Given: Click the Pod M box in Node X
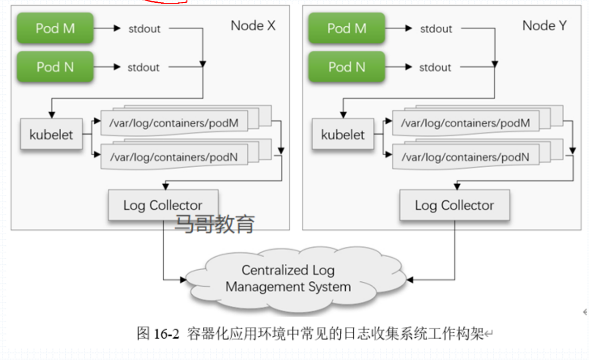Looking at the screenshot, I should coord(55,28).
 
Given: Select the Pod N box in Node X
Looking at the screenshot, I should coord(55,67).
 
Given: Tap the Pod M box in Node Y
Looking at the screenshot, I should coord(346,28).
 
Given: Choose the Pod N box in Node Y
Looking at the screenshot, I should coord(346,67).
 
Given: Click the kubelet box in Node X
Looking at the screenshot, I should coord(51,134).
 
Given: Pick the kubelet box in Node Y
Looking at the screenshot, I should coord(342,134).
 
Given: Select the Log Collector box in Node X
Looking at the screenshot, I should coord(163,205).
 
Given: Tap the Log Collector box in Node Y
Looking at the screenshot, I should coord(454,205).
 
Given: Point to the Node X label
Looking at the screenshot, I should coord(253,26).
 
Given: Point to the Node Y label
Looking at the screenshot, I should coord(544,26).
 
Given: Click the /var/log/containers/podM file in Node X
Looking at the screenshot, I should coord(174,123).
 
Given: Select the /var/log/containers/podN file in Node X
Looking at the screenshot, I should coord(174,156).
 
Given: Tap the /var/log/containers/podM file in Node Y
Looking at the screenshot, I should coord(465,123).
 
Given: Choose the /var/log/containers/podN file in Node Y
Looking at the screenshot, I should coord(465,156).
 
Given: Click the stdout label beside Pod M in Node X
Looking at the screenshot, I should coord(144,29).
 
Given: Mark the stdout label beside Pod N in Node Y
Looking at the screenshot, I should coord(435,68).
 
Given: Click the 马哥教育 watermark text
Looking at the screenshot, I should coord(215,224).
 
